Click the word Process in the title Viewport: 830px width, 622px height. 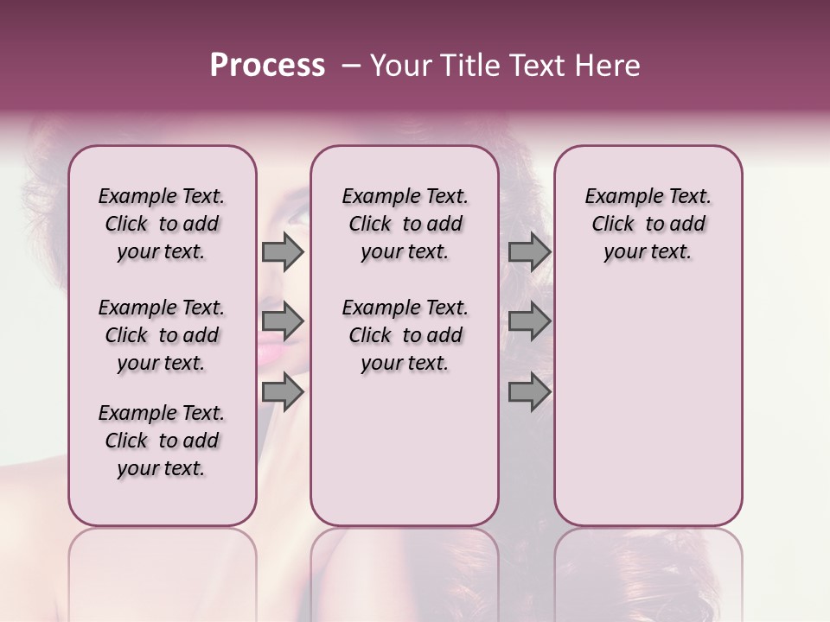(267, 66)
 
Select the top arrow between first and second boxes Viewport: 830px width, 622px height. (283, 251)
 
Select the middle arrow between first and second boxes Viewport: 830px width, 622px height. (283, 322)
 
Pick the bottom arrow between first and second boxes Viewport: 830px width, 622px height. (283, 393)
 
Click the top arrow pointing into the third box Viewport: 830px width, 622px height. (529, 251)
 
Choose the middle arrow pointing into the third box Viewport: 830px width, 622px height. (529, 322)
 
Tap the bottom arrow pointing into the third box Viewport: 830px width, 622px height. (529, 393)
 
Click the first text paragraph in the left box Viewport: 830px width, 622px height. (162, 224)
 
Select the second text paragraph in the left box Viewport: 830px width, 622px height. (162, 335)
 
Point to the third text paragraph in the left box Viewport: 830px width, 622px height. (162, 441)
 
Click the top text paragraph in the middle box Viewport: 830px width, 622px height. (405, 224)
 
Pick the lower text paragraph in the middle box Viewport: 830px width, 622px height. (405, 335)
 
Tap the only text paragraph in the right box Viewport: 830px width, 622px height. (648, 224)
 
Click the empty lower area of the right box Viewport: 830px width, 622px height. (648, 415)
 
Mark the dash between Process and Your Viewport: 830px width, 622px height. (351, 66)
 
